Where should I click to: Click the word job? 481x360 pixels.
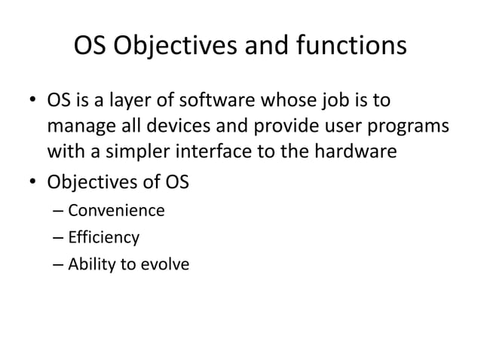coord(340,102)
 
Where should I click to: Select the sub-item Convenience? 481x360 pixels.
coord(115,210)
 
